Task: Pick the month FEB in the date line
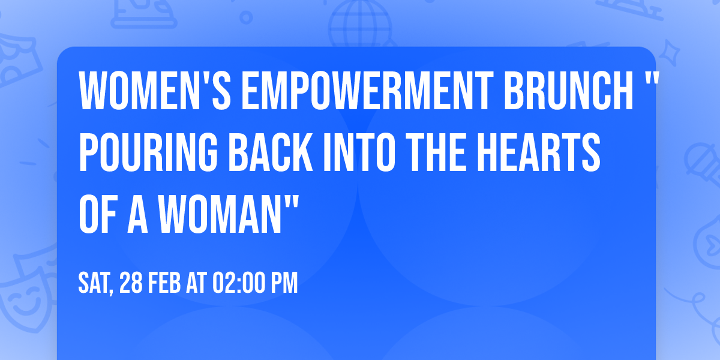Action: [166, 283]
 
